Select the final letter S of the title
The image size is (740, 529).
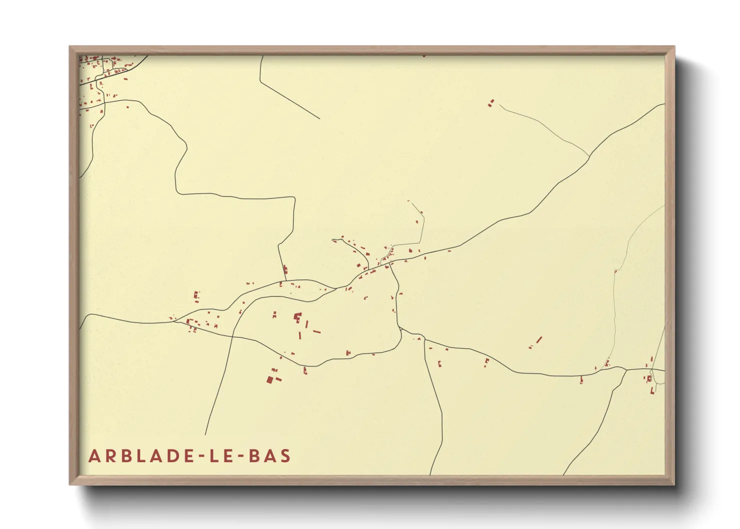[285, 456]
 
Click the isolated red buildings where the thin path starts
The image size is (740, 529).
[491, 103]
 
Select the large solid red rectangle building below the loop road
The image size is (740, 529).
[269, 379]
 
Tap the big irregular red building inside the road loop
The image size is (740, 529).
[297, 317]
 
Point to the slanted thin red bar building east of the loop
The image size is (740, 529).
[539, 340]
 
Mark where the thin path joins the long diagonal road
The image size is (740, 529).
[589, 156]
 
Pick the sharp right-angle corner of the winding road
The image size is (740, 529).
[293, 198]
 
